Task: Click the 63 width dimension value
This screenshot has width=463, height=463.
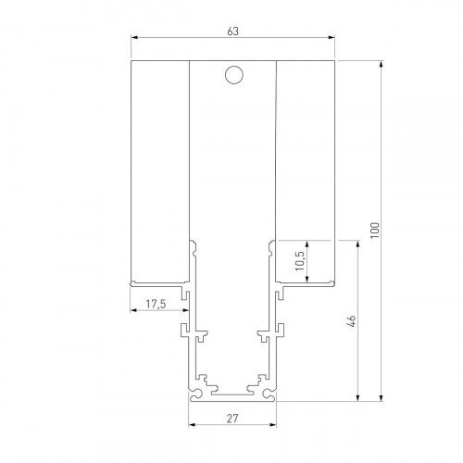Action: point(232,31)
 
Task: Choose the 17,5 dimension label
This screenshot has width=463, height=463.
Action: point(156,303)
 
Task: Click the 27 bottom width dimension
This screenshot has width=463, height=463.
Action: point(232,418)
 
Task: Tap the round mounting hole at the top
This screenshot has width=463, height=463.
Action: point(233,76)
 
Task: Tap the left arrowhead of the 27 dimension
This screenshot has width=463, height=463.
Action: point(193,425)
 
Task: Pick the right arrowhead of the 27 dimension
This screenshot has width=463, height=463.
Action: point(273,425)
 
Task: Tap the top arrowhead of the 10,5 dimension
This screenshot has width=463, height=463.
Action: point(307,244)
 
